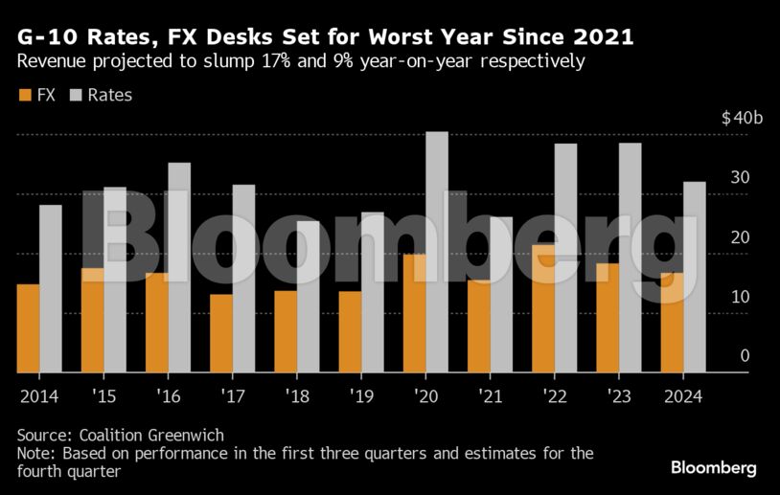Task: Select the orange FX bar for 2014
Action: pos(29,328)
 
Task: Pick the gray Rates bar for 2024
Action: pos(695,277)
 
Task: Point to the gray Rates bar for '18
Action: pos(309,297)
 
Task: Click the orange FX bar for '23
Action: pos(608,318)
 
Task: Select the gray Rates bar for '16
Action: pos(179,267)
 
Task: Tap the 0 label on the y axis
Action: pos(744,356)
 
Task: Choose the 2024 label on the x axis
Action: pos(682,395)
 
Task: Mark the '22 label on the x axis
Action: pos(554,395)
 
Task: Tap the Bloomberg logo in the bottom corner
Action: pos(713,468)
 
